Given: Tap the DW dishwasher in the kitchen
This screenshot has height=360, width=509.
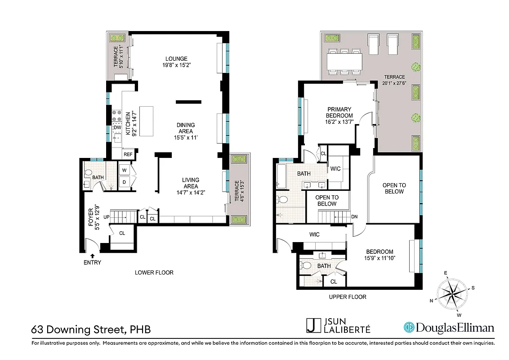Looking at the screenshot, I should coord(117,128).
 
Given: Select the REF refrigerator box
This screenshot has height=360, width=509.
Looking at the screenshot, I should coord(128,154).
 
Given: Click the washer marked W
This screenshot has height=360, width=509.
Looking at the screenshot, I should coord(124,170).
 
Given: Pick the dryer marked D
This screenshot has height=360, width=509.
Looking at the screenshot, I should coord(124,182).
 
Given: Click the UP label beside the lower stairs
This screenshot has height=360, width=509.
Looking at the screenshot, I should coord(107,217).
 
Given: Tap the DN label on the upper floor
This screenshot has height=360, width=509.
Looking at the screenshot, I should coord(354,216).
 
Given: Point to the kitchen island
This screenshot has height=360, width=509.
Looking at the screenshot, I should coord(146,121).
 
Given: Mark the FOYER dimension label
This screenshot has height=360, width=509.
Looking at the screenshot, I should coord(94,218).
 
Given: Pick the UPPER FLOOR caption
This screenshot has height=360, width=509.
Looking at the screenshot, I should coord(348,297).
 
